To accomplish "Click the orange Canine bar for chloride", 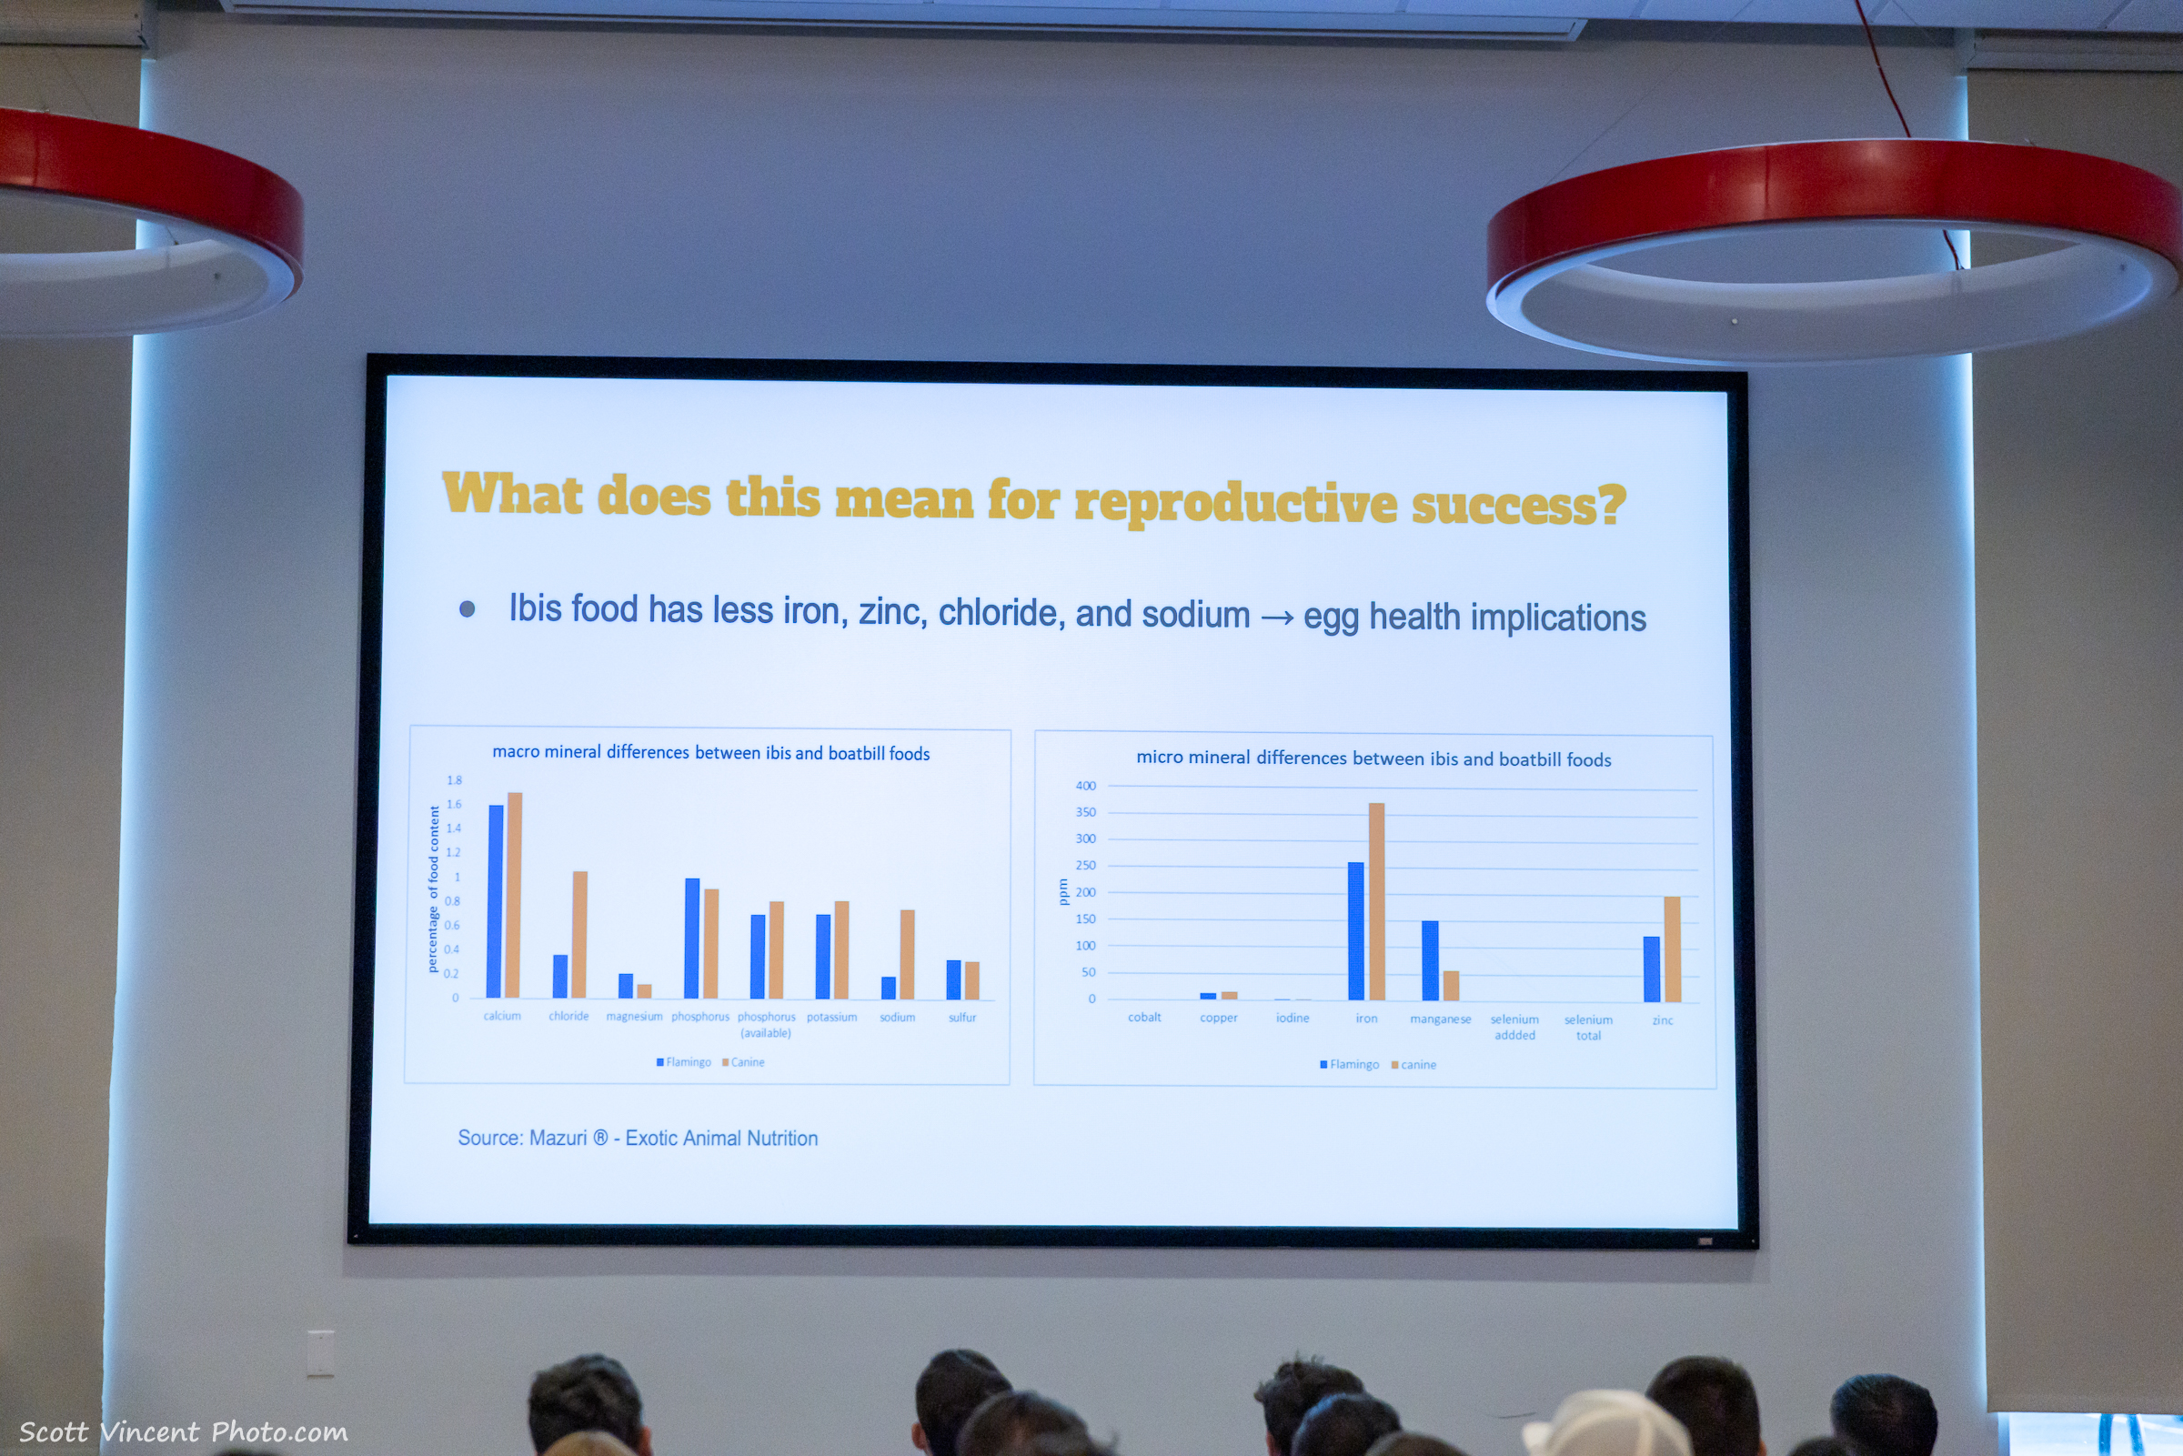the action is coord(579,934).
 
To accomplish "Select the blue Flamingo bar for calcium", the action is coord(496,900).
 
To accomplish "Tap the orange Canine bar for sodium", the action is coord(907,955).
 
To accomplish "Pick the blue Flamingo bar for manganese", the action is coord(1430,961).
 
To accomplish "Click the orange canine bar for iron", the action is coord(1376,901).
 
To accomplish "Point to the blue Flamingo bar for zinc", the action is coord(1652,969).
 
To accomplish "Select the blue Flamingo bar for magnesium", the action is coord(626,986).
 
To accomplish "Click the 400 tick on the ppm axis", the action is coord(1085,786).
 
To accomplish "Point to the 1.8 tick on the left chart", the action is coord(454,780).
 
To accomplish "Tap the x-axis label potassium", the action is coord(832,1017).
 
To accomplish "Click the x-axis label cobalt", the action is coord(1144,1017).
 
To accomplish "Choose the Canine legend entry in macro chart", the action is coord(744,1062).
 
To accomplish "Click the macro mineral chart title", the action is coord(710,753).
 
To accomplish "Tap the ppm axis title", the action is coord(1063,891).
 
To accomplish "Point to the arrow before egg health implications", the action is coord(1277,618).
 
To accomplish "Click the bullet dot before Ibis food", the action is coord(467,609).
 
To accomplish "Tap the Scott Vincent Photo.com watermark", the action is coord(183,1431).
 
